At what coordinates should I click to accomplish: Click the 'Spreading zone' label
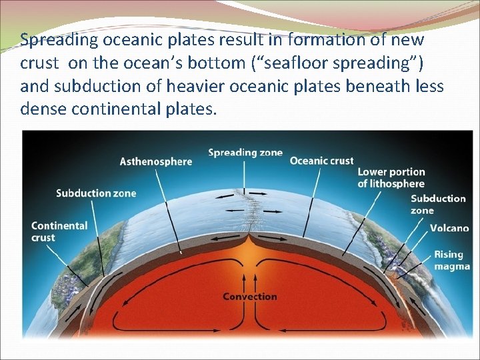tap(245, 153)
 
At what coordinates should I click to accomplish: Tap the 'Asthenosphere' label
tap(155, 161)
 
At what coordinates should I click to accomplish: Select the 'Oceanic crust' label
tap(321, 161)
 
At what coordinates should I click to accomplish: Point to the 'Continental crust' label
tap(59, 231)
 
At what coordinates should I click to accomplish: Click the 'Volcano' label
tap(449, 228)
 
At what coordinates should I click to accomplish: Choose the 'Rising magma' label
tap(451, 260)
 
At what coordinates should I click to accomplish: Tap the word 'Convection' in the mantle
tap(249, 296)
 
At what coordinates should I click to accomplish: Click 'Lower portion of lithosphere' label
tap(391, 178)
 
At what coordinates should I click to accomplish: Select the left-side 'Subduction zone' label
tap(95, 193)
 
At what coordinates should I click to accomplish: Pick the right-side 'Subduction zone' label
tap(438, 204)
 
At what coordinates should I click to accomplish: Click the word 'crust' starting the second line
tap(39, 63)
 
